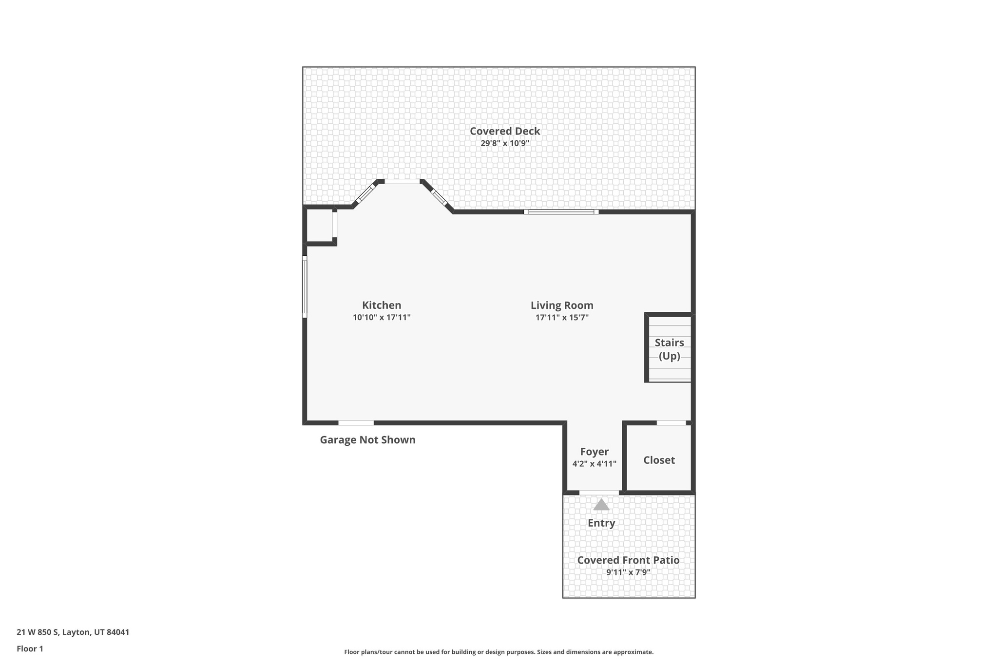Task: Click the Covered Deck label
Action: pyautogui.click(x=505, y=131)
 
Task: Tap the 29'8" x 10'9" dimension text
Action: pyautogui.click(x=505, y=143)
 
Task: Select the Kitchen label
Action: pyautogui.click(x=382, y=305)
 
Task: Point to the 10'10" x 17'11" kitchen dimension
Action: pyautogui.click(x=382, y=318)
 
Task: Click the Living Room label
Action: pyautogui.click(x=562, y=305)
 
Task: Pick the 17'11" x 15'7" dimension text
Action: pyautogui.click(x=562, y=318)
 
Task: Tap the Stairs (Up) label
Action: pyautogui.click(x=669, y=349)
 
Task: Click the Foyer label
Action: pyautogui.click(x=594, y=452)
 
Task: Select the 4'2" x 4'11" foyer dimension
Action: pyautogui.click(x=594, y=464)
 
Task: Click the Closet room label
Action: pyautogui.click(x=659, y=460)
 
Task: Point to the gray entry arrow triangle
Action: pyautogui.click(x=601, y=505)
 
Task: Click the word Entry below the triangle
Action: pyautogui.click(x=601, y=523)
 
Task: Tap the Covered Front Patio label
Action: pyautogui.click(x=628, y=560)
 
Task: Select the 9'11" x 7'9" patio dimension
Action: pyautogui.click(x=628, y=572)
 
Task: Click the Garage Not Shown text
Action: pyautogui.click(x=367, y=440)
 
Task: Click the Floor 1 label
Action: pyautogui.click(x=30, y=649)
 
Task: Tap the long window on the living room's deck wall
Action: pyautogui.click(x=561, y=212)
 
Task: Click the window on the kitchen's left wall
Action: pyautogui.click(x=305, y=287)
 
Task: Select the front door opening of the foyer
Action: pyautogui.click(x=599, y=493)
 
